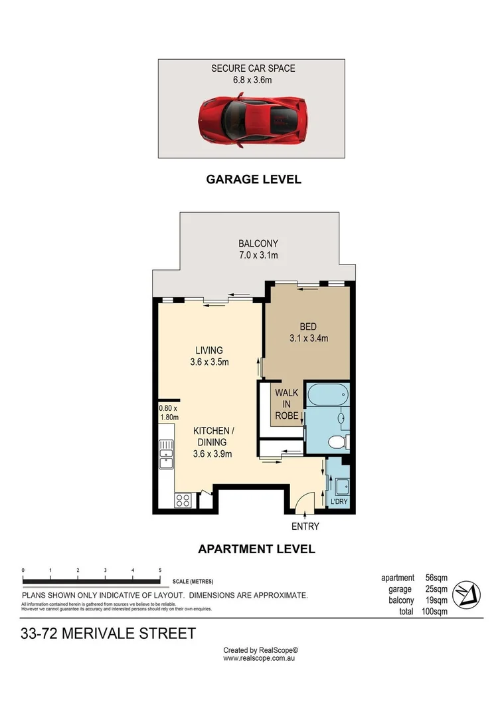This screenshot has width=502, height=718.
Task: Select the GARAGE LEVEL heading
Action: click(253, 179)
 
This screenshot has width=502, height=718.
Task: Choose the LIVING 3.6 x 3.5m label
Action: click(209, 356)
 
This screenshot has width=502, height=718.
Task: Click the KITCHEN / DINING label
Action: click(210, 442)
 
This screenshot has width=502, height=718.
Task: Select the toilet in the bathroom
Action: click(339, 442)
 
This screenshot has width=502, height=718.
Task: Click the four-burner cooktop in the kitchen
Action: click(183, 501)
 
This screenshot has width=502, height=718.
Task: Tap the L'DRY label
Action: click(339, 503)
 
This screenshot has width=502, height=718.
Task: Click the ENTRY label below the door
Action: click(305, 527)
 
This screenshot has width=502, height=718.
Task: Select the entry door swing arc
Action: click(302, 500)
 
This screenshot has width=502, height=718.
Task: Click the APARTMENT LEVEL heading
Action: click(256, 549)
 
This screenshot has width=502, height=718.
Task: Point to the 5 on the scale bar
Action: click(160, 570)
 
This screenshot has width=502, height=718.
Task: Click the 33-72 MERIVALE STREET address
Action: click(109, 634)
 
